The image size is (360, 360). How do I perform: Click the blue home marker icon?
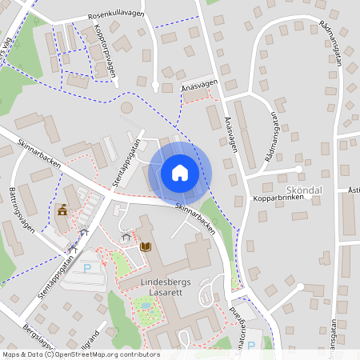point(180,172)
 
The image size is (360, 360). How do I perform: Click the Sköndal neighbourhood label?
point(303,189)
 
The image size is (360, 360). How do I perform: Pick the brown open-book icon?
point(146,246)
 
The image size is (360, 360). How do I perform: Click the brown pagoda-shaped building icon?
point(62,210)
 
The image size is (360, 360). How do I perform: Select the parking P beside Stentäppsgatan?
point(87,268)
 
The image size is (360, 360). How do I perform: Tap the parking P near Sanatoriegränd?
point(250,346)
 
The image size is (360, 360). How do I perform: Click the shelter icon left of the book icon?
point(126,237)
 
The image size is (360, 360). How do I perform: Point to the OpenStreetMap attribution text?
point(80,354)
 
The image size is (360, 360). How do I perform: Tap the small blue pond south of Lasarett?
point(145,305)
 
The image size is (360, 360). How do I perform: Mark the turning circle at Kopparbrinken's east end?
point(299,169)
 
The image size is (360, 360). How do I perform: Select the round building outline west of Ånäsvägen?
point(126,107)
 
